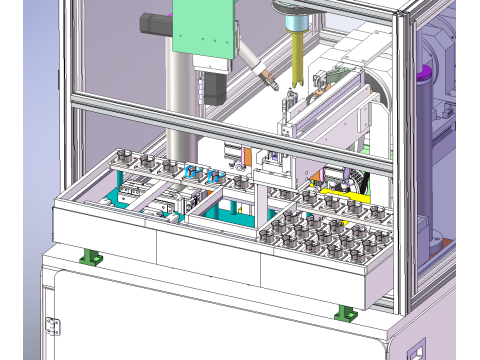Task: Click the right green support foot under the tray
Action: point(347,311)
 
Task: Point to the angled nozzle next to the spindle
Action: point(261,74)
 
